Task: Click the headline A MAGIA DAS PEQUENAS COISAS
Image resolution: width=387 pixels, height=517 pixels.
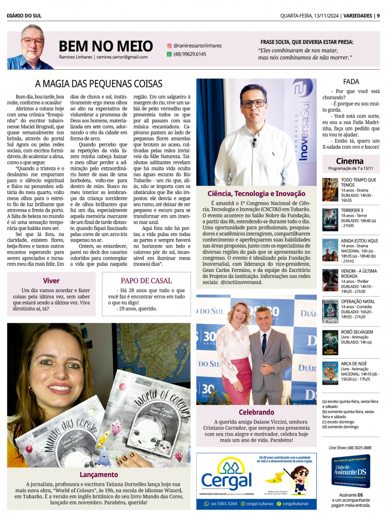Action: click(98, 84)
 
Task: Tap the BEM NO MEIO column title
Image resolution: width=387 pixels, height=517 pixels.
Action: click(105, 46)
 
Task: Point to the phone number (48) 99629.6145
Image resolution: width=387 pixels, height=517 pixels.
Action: click(190, 54)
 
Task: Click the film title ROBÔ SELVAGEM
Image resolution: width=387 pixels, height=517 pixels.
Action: click(357, 332)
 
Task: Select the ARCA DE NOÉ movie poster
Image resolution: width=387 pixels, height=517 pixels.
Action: click(330, 373)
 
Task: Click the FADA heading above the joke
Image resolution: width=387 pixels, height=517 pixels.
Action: click(351, 82)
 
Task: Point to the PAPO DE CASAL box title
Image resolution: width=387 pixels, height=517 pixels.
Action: click(146, 280)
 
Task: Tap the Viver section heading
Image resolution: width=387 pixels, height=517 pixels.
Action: click(51, 280)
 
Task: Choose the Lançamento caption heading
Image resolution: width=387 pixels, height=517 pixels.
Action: click(99, 475)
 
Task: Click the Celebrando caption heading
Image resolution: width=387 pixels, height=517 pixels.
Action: click(256, 412)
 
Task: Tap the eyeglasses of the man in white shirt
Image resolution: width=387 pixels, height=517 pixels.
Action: click(253, 103)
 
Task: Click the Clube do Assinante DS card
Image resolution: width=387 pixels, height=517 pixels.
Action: click(351, 471)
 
